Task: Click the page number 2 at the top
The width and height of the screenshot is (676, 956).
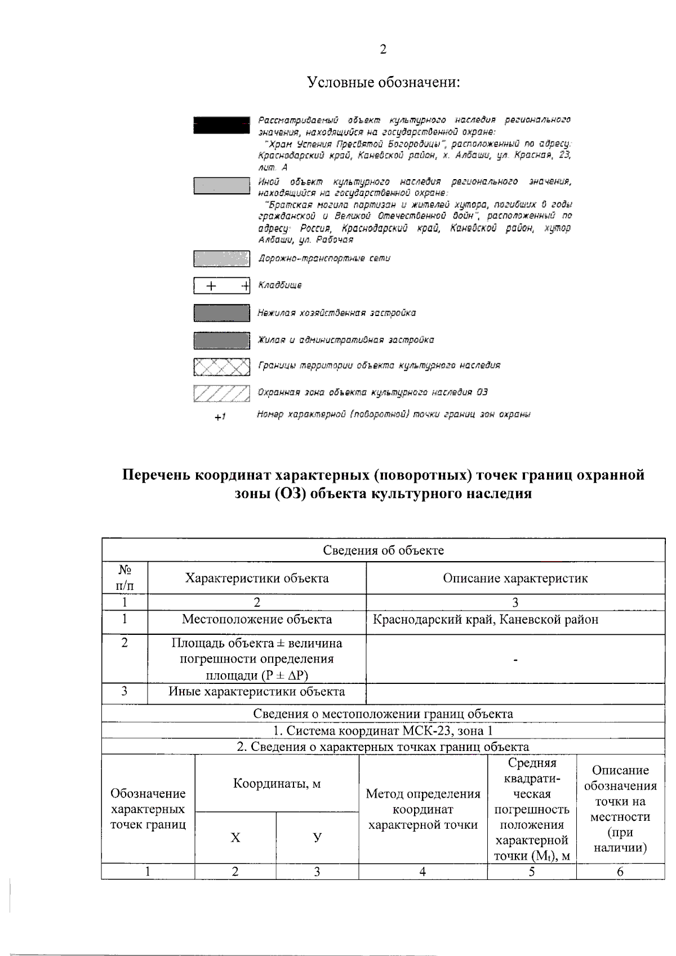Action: pos(383,50)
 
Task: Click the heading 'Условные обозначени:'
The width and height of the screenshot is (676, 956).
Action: pos(384,83)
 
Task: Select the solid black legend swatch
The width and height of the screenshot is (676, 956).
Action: pos(221,125)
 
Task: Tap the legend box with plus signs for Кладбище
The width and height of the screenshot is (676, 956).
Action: pos(221,286)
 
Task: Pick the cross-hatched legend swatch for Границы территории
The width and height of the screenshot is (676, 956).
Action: pos(221,367)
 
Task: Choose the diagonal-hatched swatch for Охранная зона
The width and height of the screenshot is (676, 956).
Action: pos(221,393)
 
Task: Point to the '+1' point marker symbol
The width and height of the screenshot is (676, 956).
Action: pos(220,417)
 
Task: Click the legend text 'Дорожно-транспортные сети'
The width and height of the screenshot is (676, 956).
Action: pos(324,259)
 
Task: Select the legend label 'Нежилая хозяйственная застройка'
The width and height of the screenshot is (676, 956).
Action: pos(337,313)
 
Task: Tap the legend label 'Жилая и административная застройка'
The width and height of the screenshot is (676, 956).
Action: pos(346,340)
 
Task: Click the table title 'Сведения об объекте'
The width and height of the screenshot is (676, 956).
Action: pos(383,550)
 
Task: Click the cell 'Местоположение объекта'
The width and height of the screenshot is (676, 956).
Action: pos(257,620)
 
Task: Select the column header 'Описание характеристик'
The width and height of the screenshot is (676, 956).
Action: pos(515,579)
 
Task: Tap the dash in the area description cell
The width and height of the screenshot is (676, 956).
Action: pos(515,659)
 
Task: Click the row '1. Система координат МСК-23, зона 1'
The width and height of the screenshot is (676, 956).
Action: pos(383,731)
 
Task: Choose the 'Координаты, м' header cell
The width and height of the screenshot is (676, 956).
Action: pos(277,784)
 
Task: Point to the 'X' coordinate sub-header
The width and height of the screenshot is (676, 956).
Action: pos(235,838)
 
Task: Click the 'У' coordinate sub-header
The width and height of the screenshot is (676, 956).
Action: pos(317,838)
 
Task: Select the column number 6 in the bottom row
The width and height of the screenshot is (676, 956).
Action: pos(620,871)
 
